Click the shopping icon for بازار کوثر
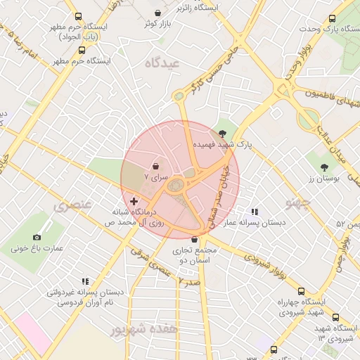pos(158,13)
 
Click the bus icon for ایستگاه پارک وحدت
pos(333,19)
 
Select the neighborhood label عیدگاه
pos(162,63)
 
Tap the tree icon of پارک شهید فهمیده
pos(223,133)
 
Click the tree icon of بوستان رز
pos(324,167)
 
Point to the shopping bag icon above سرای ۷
pos(155,167)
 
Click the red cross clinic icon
pos(134,201)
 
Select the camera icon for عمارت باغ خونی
pos(37,237)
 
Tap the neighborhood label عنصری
pos(72,206)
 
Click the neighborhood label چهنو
pos(298,203)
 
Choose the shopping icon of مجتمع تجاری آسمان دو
pos(194,239)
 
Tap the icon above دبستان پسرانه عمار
pos(255,211)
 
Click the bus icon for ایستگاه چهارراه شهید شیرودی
pos(301,291)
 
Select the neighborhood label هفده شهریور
pos(140,329)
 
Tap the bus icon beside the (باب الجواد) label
pos(82,51)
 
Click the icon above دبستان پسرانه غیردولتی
pos(85,281)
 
